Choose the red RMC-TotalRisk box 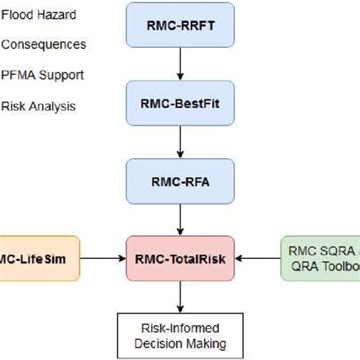tap(180, 258)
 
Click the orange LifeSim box tap(38, 258)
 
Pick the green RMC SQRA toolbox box tap(319, 258)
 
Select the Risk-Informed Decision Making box tap(180, 335)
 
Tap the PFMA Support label tap(42, 75)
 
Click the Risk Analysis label tap(38, 106)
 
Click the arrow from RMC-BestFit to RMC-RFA tap(180, 144)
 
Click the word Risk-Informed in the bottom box tap(180, 328)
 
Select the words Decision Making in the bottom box tap(180, 343)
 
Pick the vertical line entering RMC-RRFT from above tap(180, 4)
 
